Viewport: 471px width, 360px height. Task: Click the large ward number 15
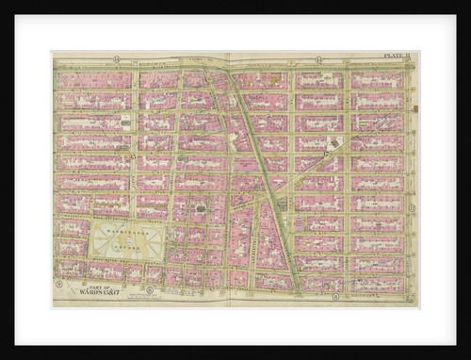point(134,155)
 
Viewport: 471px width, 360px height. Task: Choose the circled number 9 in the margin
point(58,284)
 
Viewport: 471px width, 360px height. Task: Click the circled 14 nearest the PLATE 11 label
point(319,60)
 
